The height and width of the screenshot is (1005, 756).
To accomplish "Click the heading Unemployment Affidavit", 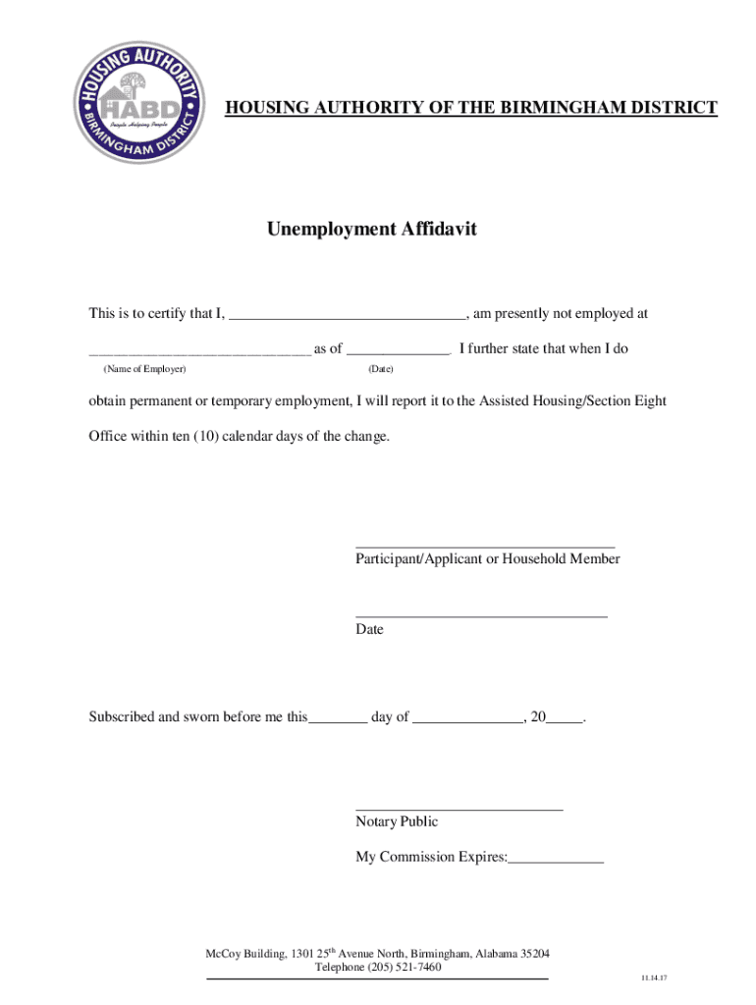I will coord(371,230).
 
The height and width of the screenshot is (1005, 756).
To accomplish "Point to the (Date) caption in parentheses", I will coord(380,368).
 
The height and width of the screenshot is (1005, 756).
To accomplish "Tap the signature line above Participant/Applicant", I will coord(485,546).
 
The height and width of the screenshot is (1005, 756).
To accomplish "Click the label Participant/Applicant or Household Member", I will coord(488,558).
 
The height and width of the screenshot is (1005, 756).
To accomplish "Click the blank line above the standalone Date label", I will coord(481,615).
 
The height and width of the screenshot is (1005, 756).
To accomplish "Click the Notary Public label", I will coord(397,821).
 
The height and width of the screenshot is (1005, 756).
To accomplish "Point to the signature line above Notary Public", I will coord(459,809).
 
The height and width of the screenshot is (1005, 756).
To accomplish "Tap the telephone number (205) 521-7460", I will coord(405,968).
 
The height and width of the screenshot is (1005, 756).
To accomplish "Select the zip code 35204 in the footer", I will coord(534,954).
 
